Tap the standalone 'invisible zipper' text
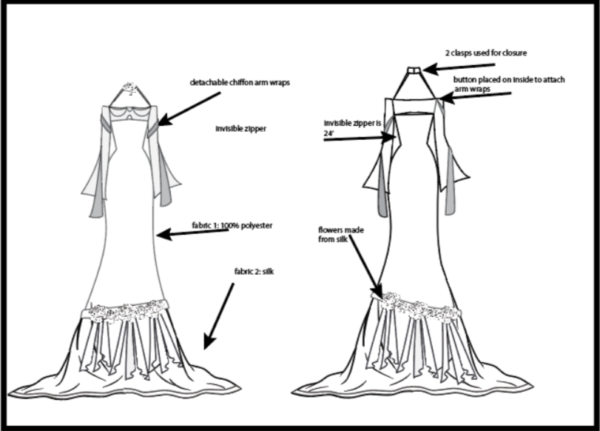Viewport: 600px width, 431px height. [240, 129]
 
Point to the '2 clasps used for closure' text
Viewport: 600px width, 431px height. [487, 53]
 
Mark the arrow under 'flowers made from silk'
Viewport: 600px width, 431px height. [365, 267]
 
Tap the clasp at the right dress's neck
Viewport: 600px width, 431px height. [414, 70]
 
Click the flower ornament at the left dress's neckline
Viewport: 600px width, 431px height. [131, 88]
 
